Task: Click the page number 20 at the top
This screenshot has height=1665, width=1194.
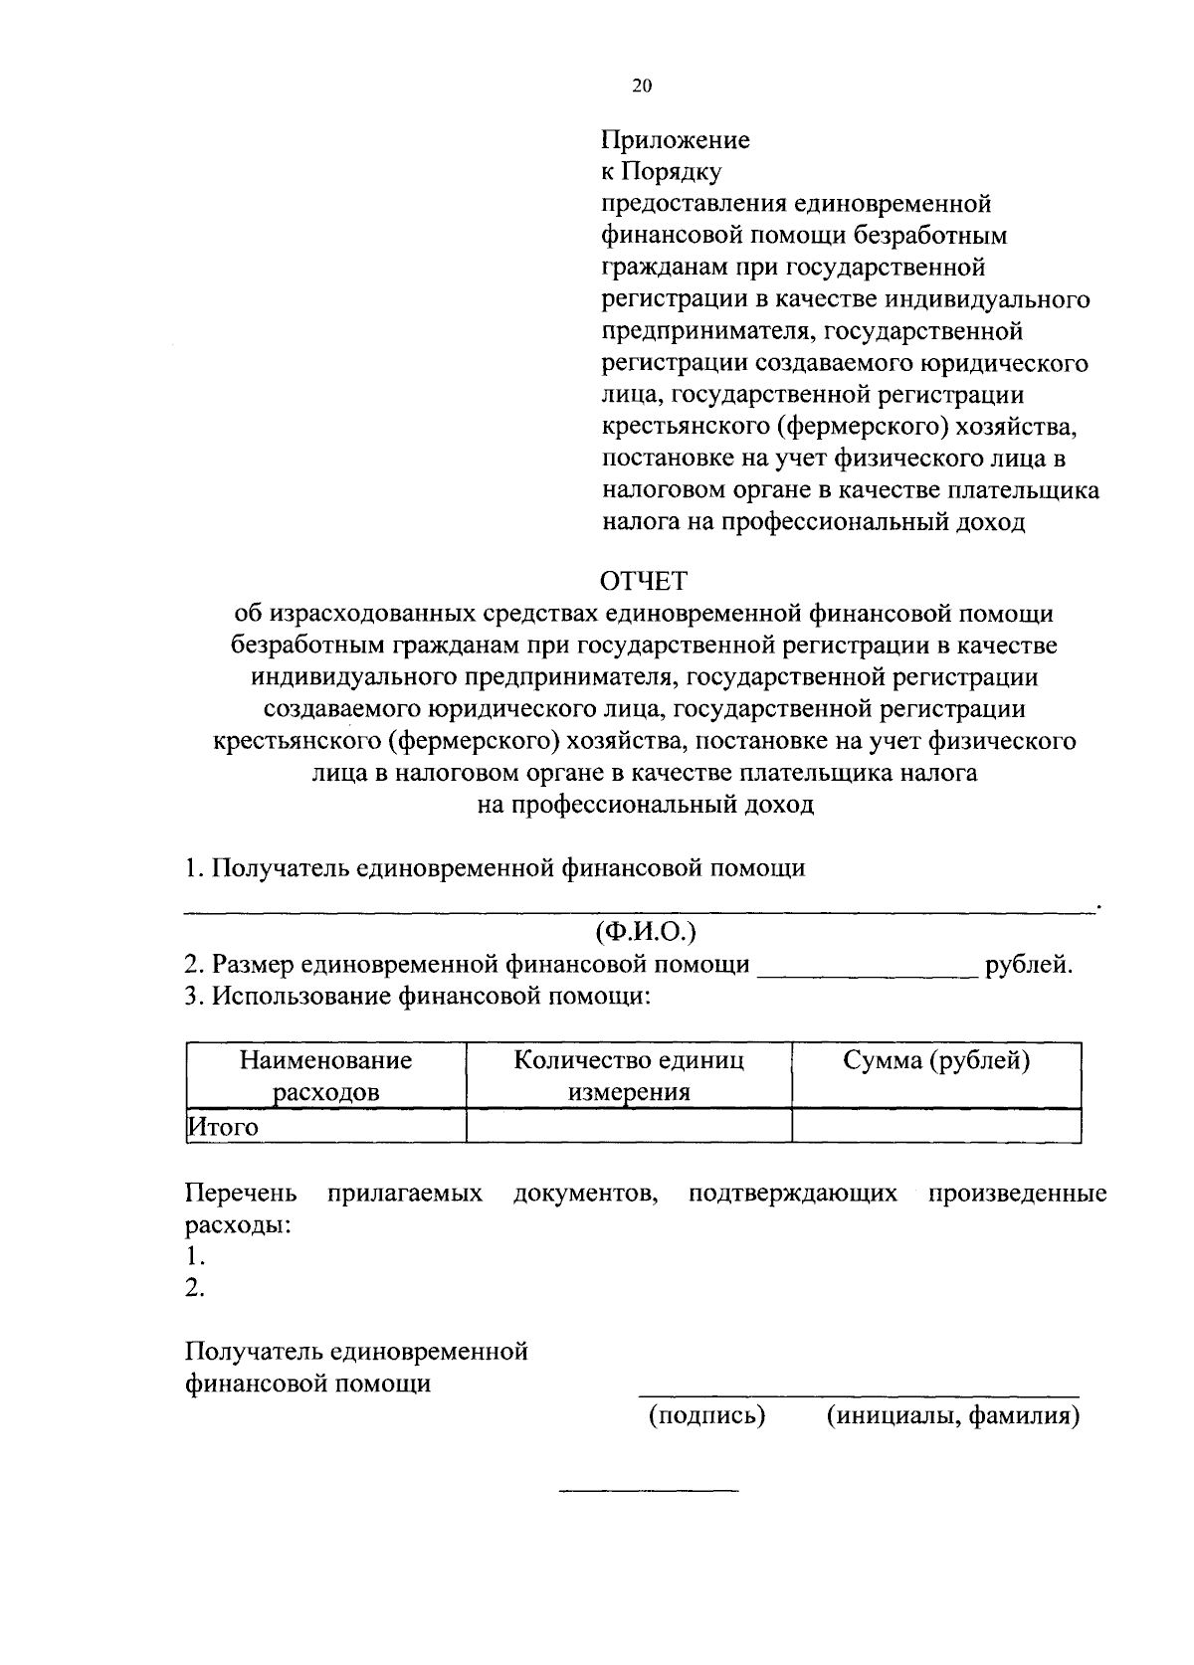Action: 642,87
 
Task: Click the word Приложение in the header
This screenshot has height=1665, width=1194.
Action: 676,140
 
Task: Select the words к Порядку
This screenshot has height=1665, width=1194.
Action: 661,172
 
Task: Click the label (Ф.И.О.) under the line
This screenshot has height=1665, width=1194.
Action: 645,932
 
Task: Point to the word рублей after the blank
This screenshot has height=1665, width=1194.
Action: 1027,964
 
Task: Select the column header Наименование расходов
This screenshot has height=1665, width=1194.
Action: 325,1075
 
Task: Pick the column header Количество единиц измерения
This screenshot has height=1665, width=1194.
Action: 629,1075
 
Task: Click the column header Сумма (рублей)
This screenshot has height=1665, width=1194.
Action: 936,1060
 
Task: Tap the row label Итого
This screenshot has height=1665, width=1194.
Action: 224,1127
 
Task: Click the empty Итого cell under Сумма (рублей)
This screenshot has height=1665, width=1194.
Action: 936,1127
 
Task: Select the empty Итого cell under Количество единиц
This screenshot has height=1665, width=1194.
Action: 629,1127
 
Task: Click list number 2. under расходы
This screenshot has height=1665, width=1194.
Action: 195,1288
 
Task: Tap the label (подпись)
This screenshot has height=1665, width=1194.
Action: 706,1415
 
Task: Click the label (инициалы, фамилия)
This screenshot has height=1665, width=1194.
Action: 953,1415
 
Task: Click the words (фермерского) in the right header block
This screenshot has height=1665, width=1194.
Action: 853,427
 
